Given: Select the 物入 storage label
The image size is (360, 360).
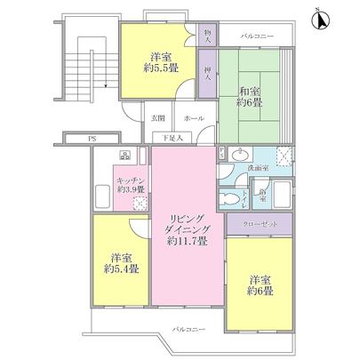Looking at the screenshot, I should coord(206,38).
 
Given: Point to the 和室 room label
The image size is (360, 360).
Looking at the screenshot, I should coord(249,90).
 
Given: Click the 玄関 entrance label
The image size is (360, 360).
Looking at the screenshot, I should coord(157,117).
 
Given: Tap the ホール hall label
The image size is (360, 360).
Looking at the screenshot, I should coord(192,117).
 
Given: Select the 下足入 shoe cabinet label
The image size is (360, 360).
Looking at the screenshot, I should coord(172,137).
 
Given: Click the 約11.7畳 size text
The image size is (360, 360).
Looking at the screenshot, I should coord(184,241).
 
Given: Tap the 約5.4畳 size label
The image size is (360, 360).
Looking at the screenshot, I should coord(116,268).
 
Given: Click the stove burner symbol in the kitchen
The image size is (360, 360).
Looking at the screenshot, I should coord(125,158).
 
